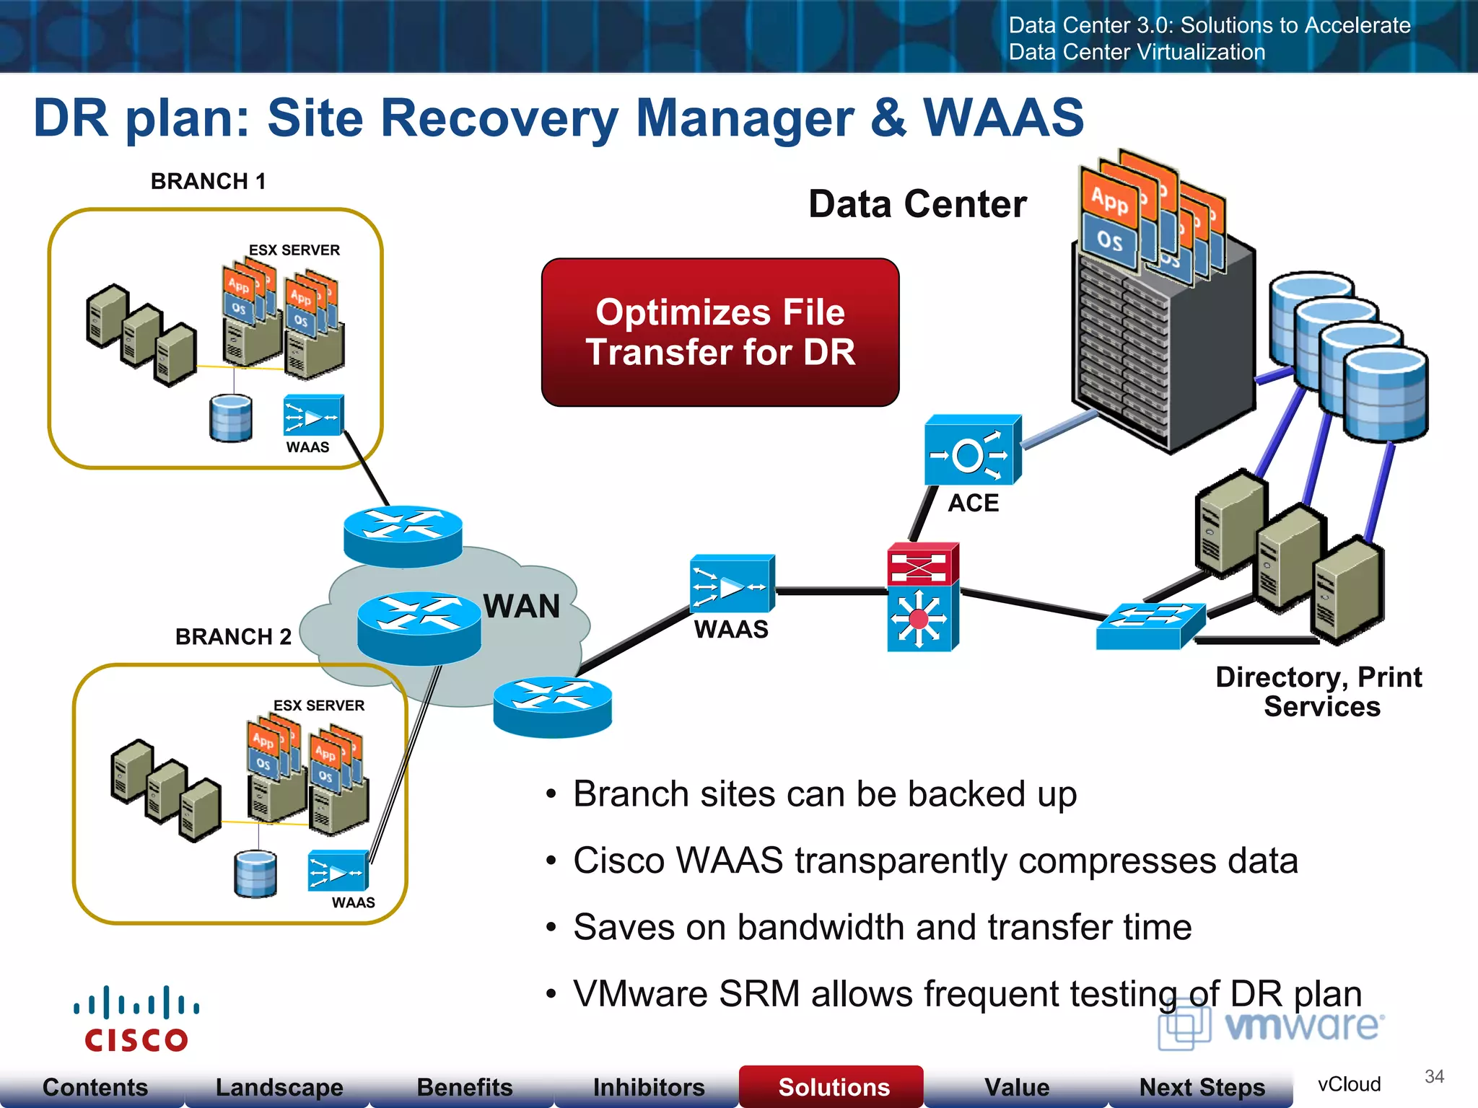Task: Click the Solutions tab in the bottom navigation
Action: (x=833, y=1086)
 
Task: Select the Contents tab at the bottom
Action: (x=95, y=1086)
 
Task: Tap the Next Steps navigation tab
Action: (x=1202, y=1086)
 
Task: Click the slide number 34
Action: (x=1434, y=1076)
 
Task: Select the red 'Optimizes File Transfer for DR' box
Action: (x=720, y=333)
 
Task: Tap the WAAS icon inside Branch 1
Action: (x=312, y=415)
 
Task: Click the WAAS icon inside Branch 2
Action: (x=337, y=871)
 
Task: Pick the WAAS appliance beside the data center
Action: (x=731, y=584)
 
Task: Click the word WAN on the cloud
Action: (x=521, y=606)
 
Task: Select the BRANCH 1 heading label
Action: (x=208, y=181)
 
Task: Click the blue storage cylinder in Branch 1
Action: (x=231, y=418)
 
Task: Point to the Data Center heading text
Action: (x=917, y=204)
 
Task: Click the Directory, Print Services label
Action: (x=1319, y=692)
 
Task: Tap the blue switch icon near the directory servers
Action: (x=1149, y=626)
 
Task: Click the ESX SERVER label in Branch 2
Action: (x=318, y=705)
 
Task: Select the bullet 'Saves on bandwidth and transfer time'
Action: (x=882, y=927)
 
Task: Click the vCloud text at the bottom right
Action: (x=1348, y=1084)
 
